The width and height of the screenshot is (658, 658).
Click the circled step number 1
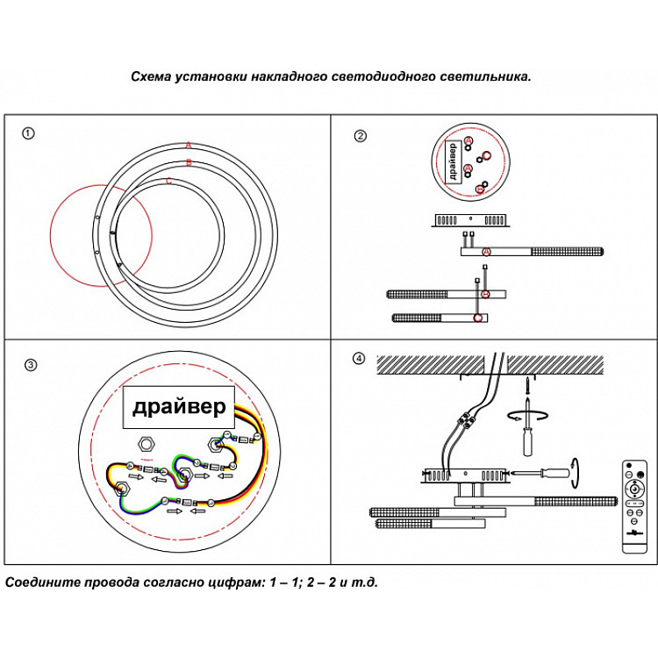[x=29, y=133]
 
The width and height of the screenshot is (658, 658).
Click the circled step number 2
[x=360, y=136]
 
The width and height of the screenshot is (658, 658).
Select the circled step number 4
[x=358, y=358]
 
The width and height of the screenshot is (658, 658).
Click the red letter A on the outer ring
[x=188, y=146]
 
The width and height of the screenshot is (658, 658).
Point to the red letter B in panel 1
[x=188, y=163]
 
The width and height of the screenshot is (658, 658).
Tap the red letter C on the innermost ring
[x=168, y=182]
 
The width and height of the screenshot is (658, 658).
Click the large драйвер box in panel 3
[x=179, y=407]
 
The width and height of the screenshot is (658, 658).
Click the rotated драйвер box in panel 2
[x=452, y=161]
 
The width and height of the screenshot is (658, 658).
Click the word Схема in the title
[x=150, y=77]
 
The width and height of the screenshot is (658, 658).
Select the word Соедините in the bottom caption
[x=41, y=583]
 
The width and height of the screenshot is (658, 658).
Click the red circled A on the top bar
[x=487, y=252]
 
